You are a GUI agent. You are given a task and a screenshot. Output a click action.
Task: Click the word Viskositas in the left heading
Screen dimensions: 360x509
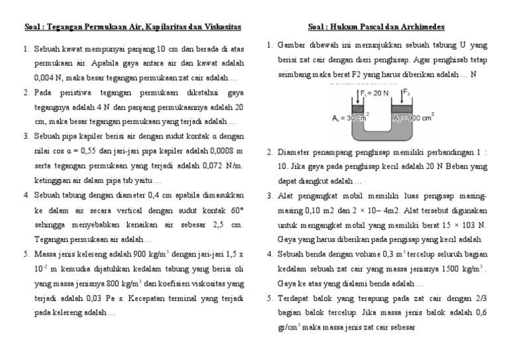pos(219,27)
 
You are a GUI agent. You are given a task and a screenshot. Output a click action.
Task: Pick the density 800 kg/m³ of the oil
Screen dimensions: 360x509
pos(106,283)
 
